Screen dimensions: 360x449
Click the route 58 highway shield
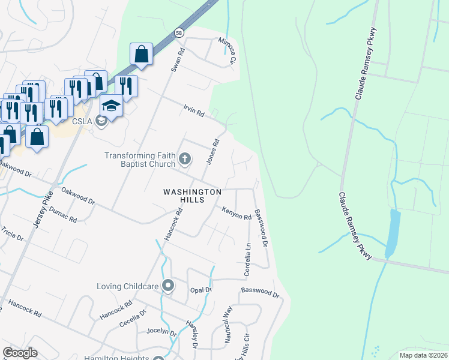click(179, 33)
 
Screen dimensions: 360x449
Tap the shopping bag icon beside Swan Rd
click(141, 54)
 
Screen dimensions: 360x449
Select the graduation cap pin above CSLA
click(111, 106)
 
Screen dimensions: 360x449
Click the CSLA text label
click(85, 121)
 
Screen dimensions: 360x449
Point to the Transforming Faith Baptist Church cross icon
click(185, 160)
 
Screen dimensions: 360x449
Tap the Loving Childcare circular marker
click(169, 286)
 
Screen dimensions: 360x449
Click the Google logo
click(20, 353)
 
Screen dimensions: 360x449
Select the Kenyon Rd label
click(236, 213)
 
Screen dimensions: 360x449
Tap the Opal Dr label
click(200, 290)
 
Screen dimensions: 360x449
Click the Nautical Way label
click(228, 324)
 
